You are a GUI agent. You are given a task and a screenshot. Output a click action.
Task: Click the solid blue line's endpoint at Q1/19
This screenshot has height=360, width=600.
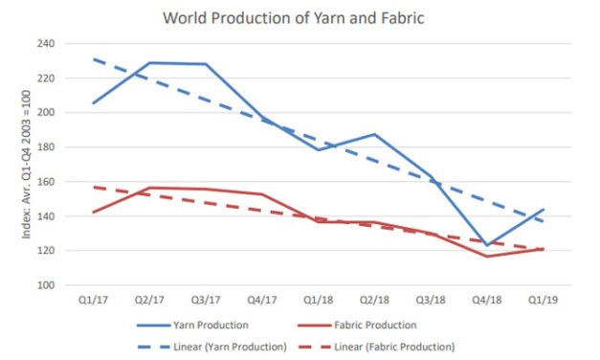pos(543,210)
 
